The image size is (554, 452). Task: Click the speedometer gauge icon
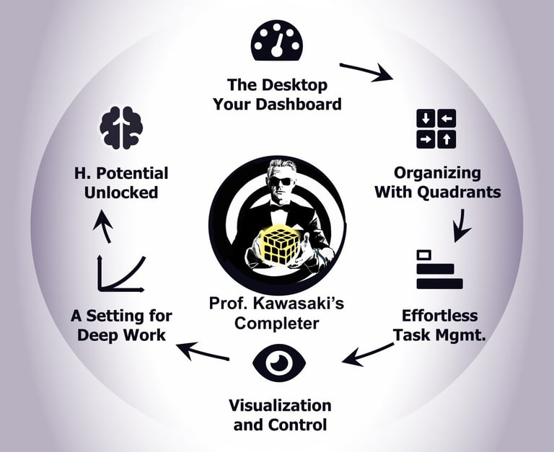[x=276, y=41]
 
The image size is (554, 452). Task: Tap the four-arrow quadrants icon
[x=436, y=129]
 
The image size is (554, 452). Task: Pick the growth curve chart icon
[x=120, y=271]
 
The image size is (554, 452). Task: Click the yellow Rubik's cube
[x=276, y=244]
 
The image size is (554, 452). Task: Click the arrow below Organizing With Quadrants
[x=460, y=226]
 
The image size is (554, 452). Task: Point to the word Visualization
[x=280, y=405]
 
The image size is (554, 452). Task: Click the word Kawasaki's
[x=302, y=303]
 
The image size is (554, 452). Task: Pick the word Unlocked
[x=120, y=192]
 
